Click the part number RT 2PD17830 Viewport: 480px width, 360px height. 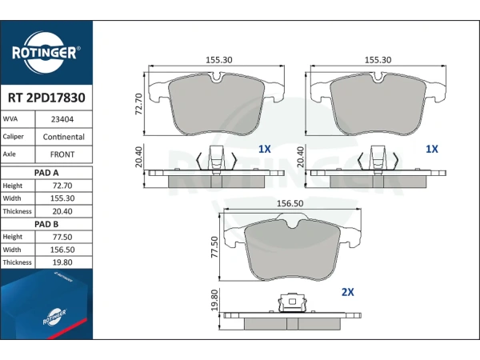[46, 98]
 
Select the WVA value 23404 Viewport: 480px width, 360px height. [62, 119]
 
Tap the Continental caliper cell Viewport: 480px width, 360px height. [64, 137]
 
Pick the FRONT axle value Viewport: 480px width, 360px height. [62, 154]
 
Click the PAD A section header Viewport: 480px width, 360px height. [46, 173]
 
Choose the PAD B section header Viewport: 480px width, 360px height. [46, 224]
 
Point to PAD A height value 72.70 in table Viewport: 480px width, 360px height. [62, 186]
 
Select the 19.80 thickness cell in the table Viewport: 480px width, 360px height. [62, 262]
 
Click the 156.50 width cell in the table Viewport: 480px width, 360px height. [62, 250]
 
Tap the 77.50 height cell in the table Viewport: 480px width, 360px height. [62, 237]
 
